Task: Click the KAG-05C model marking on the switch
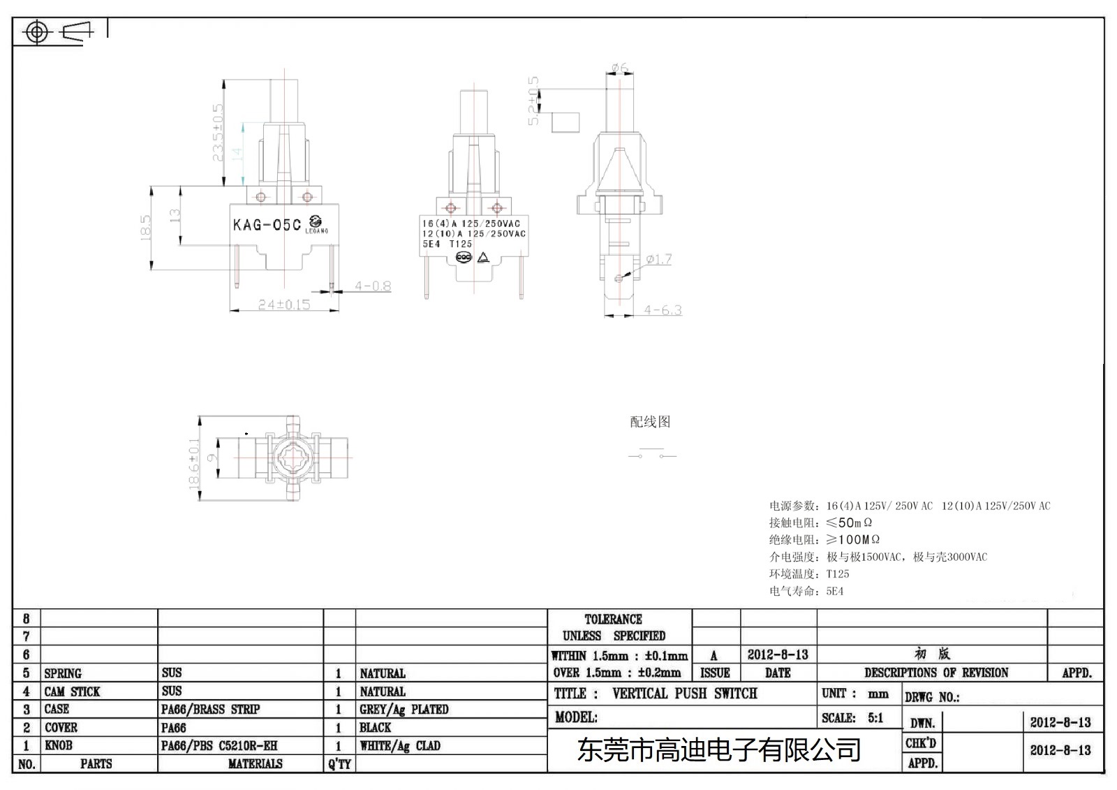tap(267, 225)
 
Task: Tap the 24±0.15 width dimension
tap(283, 305)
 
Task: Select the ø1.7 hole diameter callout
tap(658, 259)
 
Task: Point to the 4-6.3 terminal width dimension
tap(663, 310)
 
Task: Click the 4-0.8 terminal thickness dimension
tap(373, 286)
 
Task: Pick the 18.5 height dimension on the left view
tap(145, 228)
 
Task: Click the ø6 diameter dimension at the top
tap(619, 68)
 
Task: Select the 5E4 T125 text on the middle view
tap(447, 244)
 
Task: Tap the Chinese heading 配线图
tap(650, 421)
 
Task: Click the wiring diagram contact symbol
tap(652, 455)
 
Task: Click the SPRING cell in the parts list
tap(63, 673)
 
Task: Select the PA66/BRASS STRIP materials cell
tap(210, 709)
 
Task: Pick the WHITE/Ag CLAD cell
tap(400, 745)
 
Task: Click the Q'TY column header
tap(339, 763)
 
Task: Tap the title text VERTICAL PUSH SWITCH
tap(684, 694)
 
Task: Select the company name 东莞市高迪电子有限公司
tap(719, 750)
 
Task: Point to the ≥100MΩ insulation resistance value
tap(853, 539)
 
